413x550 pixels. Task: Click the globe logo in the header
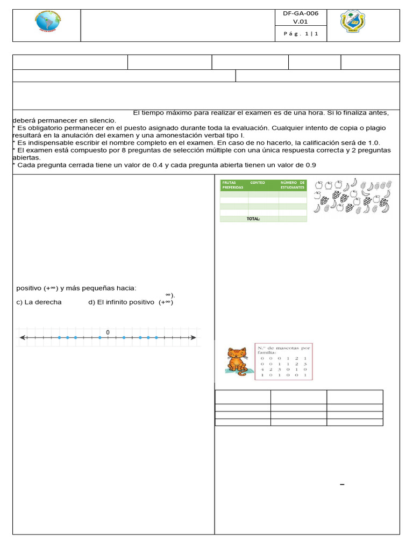[46, 25]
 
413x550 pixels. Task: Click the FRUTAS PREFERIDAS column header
[232, 185]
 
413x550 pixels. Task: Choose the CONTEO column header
[258, 183]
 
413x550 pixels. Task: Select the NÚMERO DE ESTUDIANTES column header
[293, 185]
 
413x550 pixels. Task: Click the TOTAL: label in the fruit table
[253, 219]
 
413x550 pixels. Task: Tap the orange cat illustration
[236, 360]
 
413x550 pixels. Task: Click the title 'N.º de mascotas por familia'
[284, 350]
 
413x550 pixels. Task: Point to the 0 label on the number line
[108, 332]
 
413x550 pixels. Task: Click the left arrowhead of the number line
[22, 338]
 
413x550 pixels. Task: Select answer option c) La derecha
[39, 302]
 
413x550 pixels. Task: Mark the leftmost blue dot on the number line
[59, 338]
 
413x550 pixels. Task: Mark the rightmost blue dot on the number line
[156, 338]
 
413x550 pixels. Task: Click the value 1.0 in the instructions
[374, 143]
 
